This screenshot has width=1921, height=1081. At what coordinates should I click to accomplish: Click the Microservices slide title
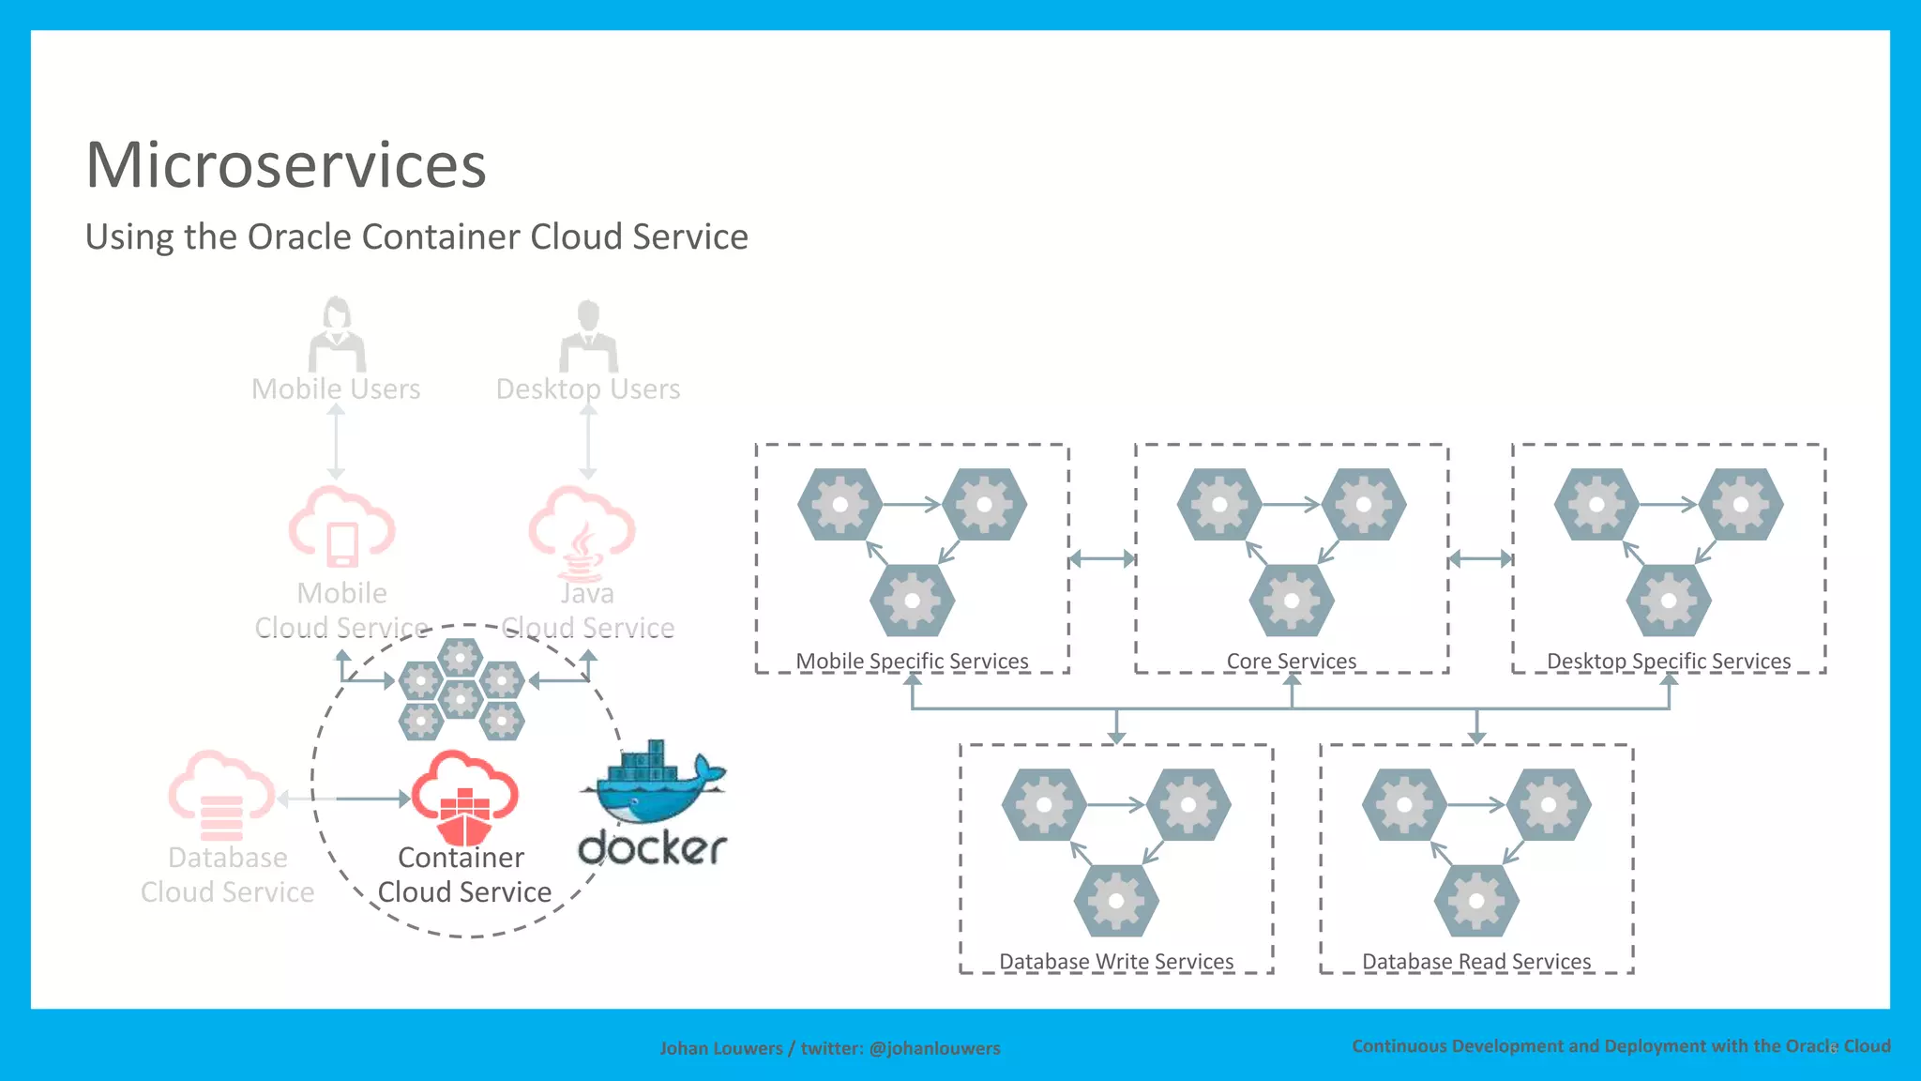pyautogui.click(x=286, y=165)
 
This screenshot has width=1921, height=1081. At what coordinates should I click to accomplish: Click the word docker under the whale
pyautogui.click(x=653, y=847)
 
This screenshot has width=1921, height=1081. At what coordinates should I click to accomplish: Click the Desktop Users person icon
pyautogui.click(x=588, y=337)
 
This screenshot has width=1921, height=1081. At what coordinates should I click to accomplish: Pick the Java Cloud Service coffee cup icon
pyautogui.click(x=582, y=535)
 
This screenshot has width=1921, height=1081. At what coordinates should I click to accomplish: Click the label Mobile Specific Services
pyautogui.click(x=912, y=661)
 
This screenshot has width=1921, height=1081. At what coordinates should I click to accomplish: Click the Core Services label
pyautogui.click(x=1291, y=661)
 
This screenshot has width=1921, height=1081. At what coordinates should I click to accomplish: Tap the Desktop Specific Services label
pyautogui.click(x=1668, y=661)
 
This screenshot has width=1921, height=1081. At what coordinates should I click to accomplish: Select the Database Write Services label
pyautogui.click(x=1116, y=961)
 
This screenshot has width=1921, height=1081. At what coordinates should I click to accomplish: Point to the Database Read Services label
pyautogui.click(x=1476, y=961)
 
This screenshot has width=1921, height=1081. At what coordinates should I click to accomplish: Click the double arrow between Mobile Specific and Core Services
pyautogui.click(x=1102, y=559)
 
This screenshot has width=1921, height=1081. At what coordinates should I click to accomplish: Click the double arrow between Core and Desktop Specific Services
pyautogui.click(x=1480, y=559)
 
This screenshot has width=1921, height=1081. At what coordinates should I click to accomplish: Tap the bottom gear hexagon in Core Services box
pyautogui.click(x=1292, y=601)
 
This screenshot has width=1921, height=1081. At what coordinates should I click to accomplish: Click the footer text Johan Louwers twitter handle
pyautogui.click(x=829, y=1048)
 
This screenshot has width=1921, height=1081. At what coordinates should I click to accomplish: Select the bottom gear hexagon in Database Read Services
pyautogui.click(x=1476, y=901)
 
